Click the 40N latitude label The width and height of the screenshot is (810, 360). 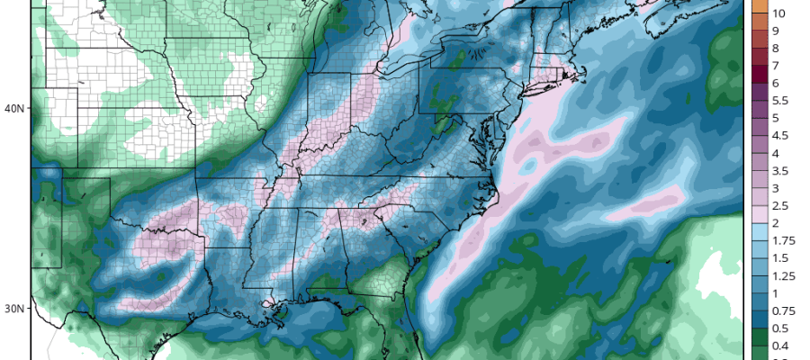pos(13,109)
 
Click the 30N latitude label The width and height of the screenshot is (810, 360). pos(13,308)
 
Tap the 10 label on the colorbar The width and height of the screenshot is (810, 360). pos(779,13)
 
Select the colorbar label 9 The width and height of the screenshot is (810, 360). pos(776,31)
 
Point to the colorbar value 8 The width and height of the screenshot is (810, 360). pos(776,48)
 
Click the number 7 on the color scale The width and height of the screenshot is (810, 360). pos(776,66)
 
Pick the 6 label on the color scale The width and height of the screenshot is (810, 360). pos(776,83)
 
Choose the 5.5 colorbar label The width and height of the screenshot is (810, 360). pos(779,101)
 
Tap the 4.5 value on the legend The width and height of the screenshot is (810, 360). pos(779,136)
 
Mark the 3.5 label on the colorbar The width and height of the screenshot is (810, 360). pos(779,171)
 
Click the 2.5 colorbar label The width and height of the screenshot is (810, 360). pos(779,206)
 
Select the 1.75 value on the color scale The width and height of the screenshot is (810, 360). pos(782,240)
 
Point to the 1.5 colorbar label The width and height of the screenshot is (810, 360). pos(779,258)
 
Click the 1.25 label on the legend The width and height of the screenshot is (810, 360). pos(782,275)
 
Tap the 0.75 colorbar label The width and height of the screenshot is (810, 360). pos(782,310)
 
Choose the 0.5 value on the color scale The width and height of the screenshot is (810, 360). pos(779,328)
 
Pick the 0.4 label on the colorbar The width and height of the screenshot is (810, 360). pos(779,346)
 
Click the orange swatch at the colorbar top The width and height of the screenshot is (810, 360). pos(758,7)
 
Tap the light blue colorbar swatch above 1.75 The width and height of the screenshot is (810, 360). pos(758,232)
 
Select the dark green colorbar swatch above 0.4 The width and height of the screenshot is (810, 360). pos(758,337)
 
